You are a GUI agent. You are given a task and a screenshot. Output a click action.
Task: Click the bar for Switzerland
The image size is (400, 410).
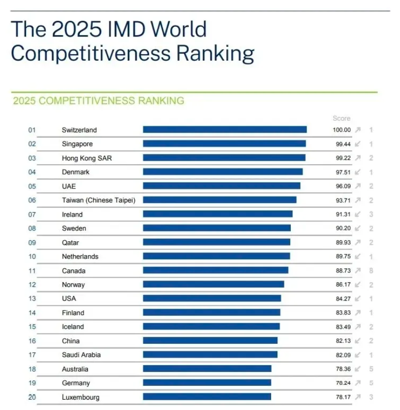coord(225,130)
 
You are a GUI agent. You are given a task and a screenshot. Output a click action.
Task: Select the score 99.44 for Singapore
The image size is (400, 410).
coord(341,144)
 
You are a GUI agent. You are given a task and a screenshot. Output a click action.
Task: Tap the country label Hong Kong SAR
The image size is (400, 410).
coord(83,158)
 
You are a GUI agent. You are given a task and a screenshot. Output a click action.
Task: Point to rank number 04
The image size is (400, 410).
coord(32,172)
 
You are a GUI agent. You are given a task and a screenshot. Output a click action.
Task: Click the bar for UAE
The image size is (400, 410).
coord(222,186)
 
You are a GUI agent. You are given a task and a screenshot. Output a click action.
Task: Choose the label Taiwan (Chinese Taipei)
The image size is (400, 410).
coord(99,200)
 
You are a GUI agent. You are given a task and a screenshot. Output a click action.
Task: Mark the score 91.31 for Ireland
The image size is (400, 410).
coord(341,215)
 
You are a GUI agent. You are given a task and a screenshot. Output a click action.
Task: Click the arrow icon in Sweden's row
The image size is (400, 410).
coord(358,228)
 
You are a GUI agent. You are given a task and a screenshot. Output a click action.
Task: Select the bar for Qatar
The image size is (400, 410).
coord(217,242)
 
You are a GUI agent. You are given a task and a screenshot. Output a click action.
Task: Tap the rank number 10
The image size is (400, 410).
coord(32,257)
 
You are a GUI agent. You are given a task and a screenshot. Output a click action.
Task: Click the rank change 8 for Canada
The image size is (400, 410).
coord(370,270)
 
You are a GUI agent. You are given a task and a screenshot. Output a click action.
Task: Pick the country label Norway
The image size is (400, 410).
coord(73,285)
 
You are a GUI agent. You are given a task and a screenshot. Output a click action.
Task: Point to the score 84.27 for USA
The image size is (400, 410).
coord(341,298)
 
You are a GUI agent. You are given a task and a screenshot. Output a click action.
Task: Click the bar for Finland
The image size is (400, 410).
coord(212,312)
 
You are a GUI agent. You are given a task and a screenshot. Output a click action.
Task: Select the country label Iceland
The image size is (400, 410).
coord(73,327)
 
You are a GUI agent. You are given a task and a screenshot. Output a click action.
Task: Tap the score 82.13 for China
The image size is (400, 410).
coord(341,341)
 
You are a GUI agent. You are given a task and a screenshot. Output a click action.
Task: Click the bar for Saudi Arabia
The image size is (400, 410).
coord(210,354)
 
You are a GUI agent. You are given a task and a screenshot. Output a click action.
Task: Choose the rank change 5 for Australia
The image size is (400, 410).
coord(370,369)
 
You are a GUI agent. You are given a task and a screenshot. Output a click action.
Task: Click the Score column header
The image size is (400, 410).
coord(341,118)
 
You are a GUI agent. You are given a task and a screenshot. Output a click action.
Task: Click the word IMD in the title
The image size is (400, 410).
coord(130,29)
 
